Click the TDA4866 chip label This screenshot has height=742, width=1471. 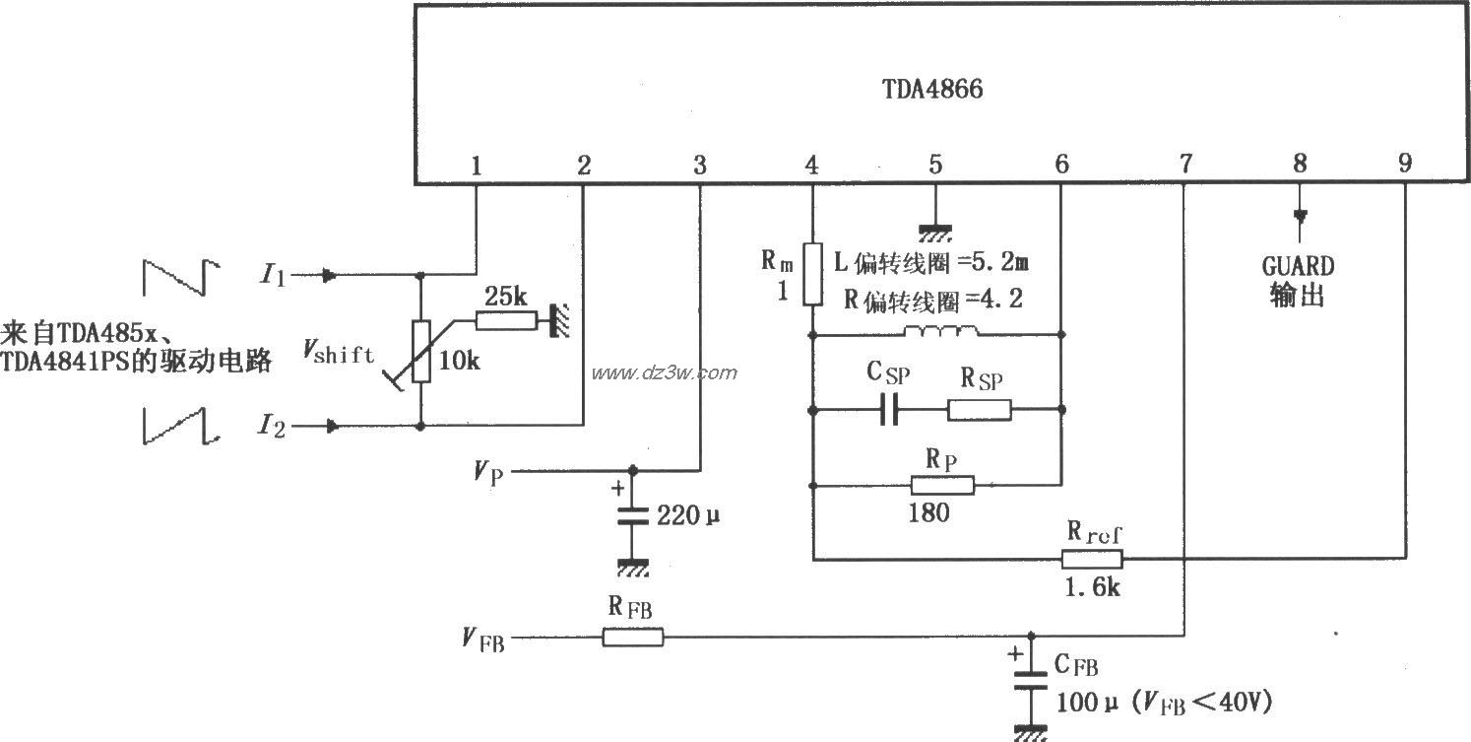pos(931,90)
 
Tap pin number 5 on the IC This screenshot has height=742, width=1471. pos(935,166)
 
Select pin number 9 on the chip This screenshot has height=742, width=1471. pos(1404,166)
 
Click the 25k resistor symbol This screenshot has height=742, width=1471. pos(505,320)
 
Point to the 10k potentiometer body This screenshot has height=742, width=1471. pos(421,352)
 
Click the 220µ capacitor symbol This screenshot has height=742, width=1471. pos(633,515)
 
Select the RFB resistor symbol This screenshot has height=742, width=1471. pos(633,638)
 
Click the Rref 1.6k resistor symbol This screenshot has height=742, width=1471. pos(1092,560)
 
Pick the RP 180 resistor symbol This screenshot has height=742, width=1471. pos(942,485)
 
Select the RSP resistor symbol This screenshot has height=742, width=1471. pos(980,410)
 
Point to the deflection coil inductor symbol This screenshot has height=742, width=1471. pos(941,332)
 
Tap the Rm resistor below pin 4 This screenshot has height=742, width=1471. pos(812,275)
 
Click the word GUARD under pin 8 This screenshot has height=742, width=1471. pos(1298,266)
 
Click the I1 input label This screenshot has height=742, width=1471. pos(273,276)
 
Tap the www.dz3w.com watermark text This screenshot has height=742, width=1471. pos(664,372)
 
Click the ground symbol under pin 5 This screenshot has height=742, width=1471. pos(935,233)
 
